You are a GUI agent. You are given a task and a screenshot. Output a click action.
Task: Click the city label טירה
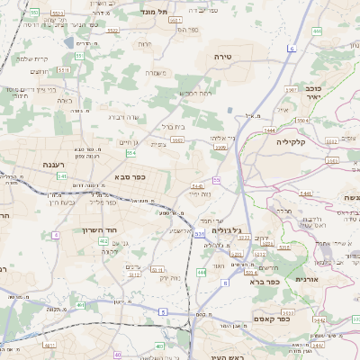223,56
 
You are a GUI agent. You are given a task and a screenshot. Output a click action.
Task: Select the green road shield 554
130,153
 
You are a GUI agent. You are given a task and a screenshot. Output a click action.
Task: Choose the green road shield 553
33,12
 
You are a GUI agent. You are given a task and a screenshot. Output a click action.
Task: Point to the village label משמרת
157,73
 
